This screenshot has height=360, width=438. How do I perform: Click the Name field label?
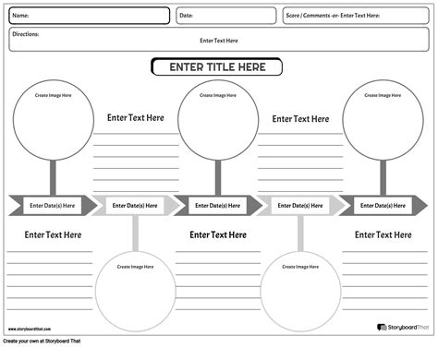click(20, 16)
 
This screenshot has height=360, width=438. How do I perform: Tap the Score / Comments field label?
click(333, 16)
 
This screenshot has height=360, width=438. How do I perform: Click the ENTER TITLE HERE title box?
click(217, 67)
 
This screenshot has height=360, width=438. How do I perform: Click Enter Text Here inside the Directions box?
click(219, 41)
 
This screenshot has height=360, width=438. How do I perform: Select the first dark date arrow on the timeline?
click(53, 205)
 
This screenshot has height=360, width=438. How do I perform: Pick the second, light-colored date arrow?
click(135, 205)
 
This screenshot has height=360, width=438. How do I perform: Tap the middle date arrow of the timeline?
click(217, 205)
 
